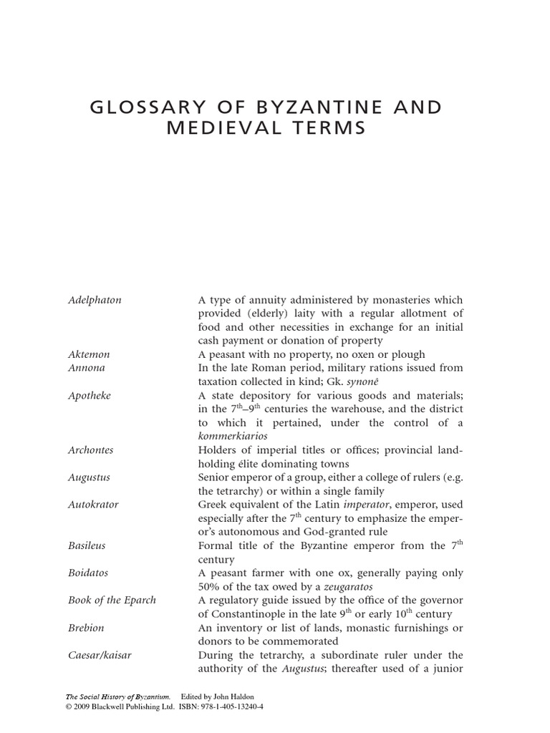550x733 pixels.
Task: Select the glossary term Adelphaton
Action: click(x=94, y=300)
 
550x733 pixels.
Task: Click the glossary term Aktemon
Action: click(x=88, y=354)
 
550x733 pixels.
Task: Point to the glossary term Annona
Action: click(x=86, y=368)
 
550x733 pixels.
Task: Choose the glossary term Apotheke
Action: click(x=89, y=395)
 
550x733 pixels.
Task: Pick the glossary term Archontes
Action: click(x=90, y=450)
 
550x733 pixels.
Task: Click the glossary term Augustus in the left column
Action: click(x=89, y=477)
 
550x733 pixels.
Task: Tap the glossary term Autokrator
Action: click(x=92, y=505)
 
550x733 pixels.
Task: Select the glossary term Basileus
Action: click(x=86, y=545)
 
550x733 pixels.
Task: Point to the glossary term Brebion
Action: click(x=85, y=628)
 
